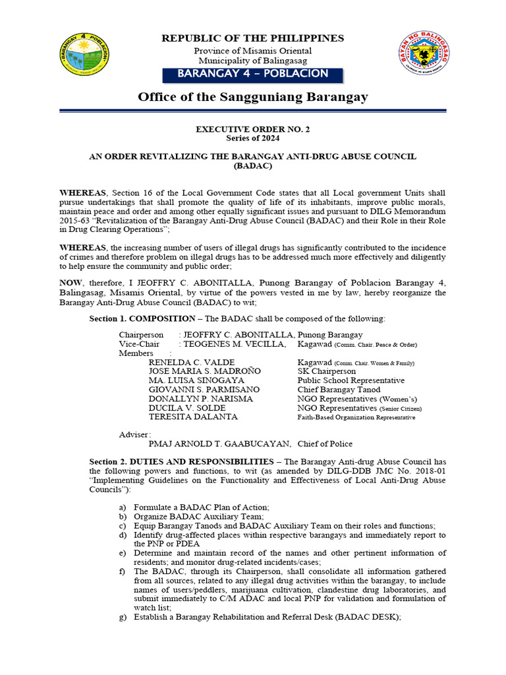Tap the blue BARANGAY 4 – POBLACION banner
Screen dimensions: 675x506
point(253,73)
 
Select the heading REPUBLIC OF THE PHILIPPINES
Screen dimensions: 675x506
point(253,38)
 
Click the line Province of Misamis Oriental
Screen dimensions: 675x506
point(253,51)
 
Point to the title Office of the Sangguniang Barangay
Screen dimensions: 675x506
point(253,97)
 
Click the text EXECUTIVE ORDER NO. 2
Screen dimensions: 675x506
point(253,129)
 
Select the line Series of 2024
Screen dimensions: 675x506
point(253,138)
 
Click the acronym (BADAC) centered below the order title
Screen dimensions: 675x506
point(253,167)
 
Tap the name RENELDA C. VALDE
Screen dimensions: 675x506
point(191,363)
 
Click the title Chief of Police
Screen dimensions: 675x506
point(325,444)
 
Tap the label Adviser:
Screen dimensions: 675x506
point(134,434)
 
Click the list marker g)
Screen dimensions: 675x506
point(123,617)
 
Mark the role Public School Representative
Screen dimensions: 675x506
point(351,380)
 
